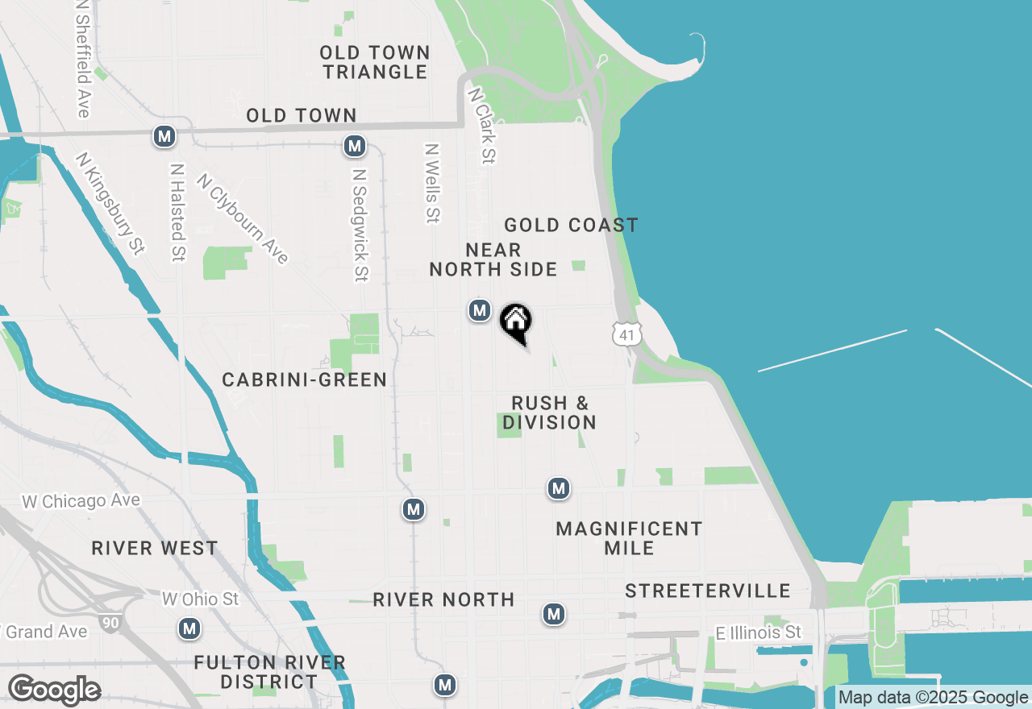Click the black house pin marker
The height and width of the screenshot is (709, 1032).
point(516,323)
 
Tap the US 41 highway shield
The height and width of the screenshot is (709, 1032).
point(626,334)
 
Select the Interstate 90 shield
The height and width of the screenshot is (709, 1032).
point(110,622)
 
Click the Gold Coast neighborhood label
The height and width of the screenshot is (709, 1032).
point(571,225)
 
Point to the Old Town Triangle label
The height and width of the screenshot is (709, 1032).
point(375,62)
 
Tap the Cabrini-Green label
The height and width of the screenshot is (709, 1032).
point(305,379)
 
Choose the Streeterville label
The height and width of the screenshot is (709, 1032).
point(708,591)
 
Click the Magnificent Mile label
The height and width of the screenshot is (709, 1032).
point(630,538)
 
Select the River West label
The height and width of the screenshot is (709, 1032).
point(155,548)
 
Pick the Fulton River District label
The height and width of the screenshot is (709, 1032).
point(270,672)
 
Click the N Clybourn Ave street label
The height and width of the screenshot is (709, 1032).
point(242,218)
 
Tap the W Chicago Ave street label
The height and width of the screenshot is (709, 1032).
point(81,501)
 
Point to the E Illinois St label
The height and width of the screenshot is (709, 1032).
point(759,632)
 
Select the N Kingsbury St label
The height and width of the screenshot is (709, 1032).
point(110,203)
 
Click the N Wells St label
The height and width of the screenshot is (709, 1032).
point(433,183)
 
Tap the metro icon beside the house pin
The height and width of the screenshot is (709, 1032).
point(480,309)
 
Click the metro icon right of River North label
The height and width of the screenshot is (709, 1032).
point(553,614)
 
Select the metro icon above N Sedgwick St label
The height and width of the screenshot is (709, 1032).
point(354,146)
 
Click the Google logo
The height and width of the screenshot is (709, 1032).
point(54,690)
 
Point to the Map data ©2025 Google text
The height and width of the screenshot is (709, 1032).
point(933,698)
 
